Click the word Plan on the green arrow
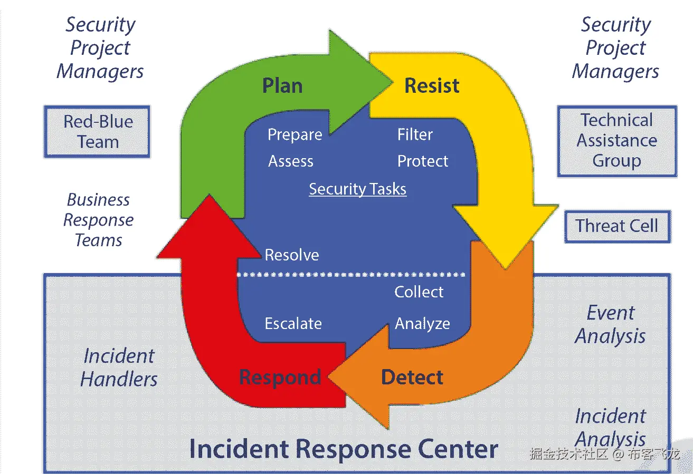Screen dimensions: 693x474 (282, 85)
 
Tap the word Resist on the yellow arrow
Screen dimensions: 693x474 (432, 85)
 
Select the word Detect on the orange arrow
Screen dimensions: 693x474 (412, 377)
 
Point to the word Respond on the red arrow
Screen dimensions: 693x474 (280, 378)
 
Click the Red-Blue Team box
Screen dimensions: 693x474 (97, 132)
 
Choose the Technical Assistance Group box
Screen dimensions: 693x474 (617, 141)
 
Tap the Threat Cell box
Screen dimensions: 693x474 (618, 226)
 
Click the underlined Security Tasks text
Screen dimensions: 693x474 (358, 189)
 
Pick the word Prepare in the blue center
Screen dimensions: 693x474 (295, 135)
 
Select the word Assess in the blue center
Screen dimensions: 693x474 (291, 161)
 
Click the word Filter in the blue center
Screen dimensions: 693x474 (415, 134)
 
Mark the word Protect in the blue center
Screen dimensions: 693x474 (423, 161)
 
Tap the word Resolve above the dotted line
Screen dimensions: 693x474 (292, 255)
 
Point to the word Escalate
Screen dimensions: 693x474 (293, 324)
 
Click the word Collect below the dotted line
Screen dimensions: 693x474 (419, 292)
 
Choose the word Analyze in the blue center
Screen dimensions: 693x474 (422, 324)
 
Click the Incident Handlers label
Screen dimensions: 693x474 (119, 367)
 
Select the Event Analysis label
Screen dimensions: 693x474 (610, 324)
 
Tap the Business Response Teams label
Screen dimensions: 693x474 (98, 220)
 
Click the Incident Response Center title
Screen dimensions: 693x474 (344, 449)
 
